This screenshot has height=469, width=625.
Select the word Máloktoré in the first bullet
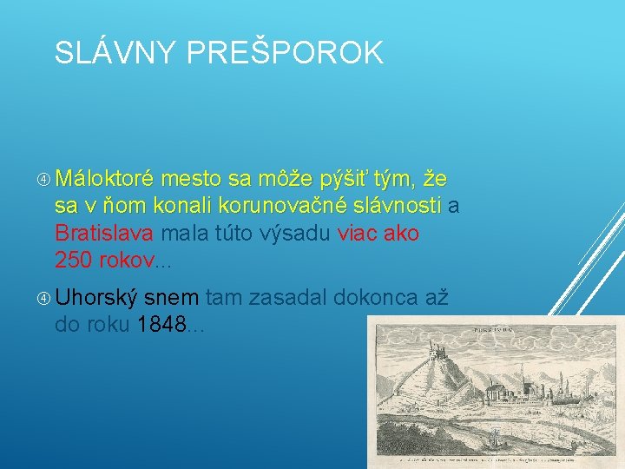pos(104,180)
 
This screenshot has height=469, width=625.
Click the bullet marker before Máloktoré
pos(44,180)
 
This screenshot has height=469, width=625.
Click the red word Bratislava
pos(104,233)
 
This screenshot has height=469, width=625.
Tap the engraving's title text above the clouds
pos(486,330)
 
